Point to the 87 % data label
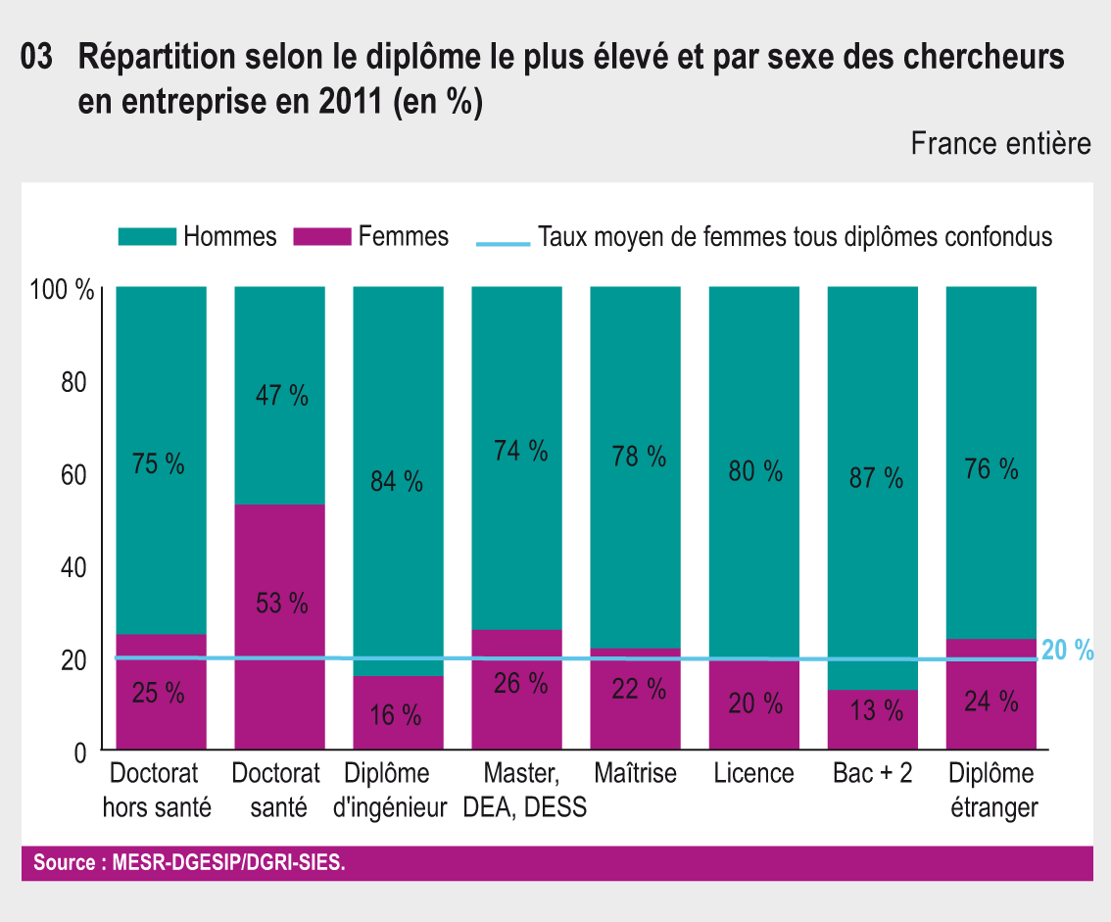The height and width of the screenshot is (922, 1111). [875, 478]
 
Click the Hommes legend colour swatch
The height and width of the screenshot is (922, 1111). [146, 236]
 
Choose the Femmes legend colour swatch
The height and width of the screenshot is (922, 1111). [320, 236]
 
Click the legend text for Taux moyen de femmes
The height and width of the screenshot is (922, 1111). [795, 237]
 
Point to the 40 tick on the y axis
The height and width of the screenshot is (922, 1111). [74, 567]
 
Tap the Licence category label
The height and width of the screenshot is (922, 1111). [753, 773]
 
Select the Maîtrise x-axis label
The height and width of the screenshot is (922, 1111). [635, 773]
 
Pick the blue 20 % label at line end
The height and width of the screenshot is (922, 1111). [1067, 651]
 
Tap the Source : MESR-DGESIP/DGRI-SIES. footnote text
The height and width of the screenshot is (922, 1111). [189, 864]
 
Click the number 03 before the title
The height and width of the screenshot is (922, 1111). [37, 60]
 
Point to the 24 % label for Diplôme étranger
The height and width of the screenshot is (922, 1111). [991, 703]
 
